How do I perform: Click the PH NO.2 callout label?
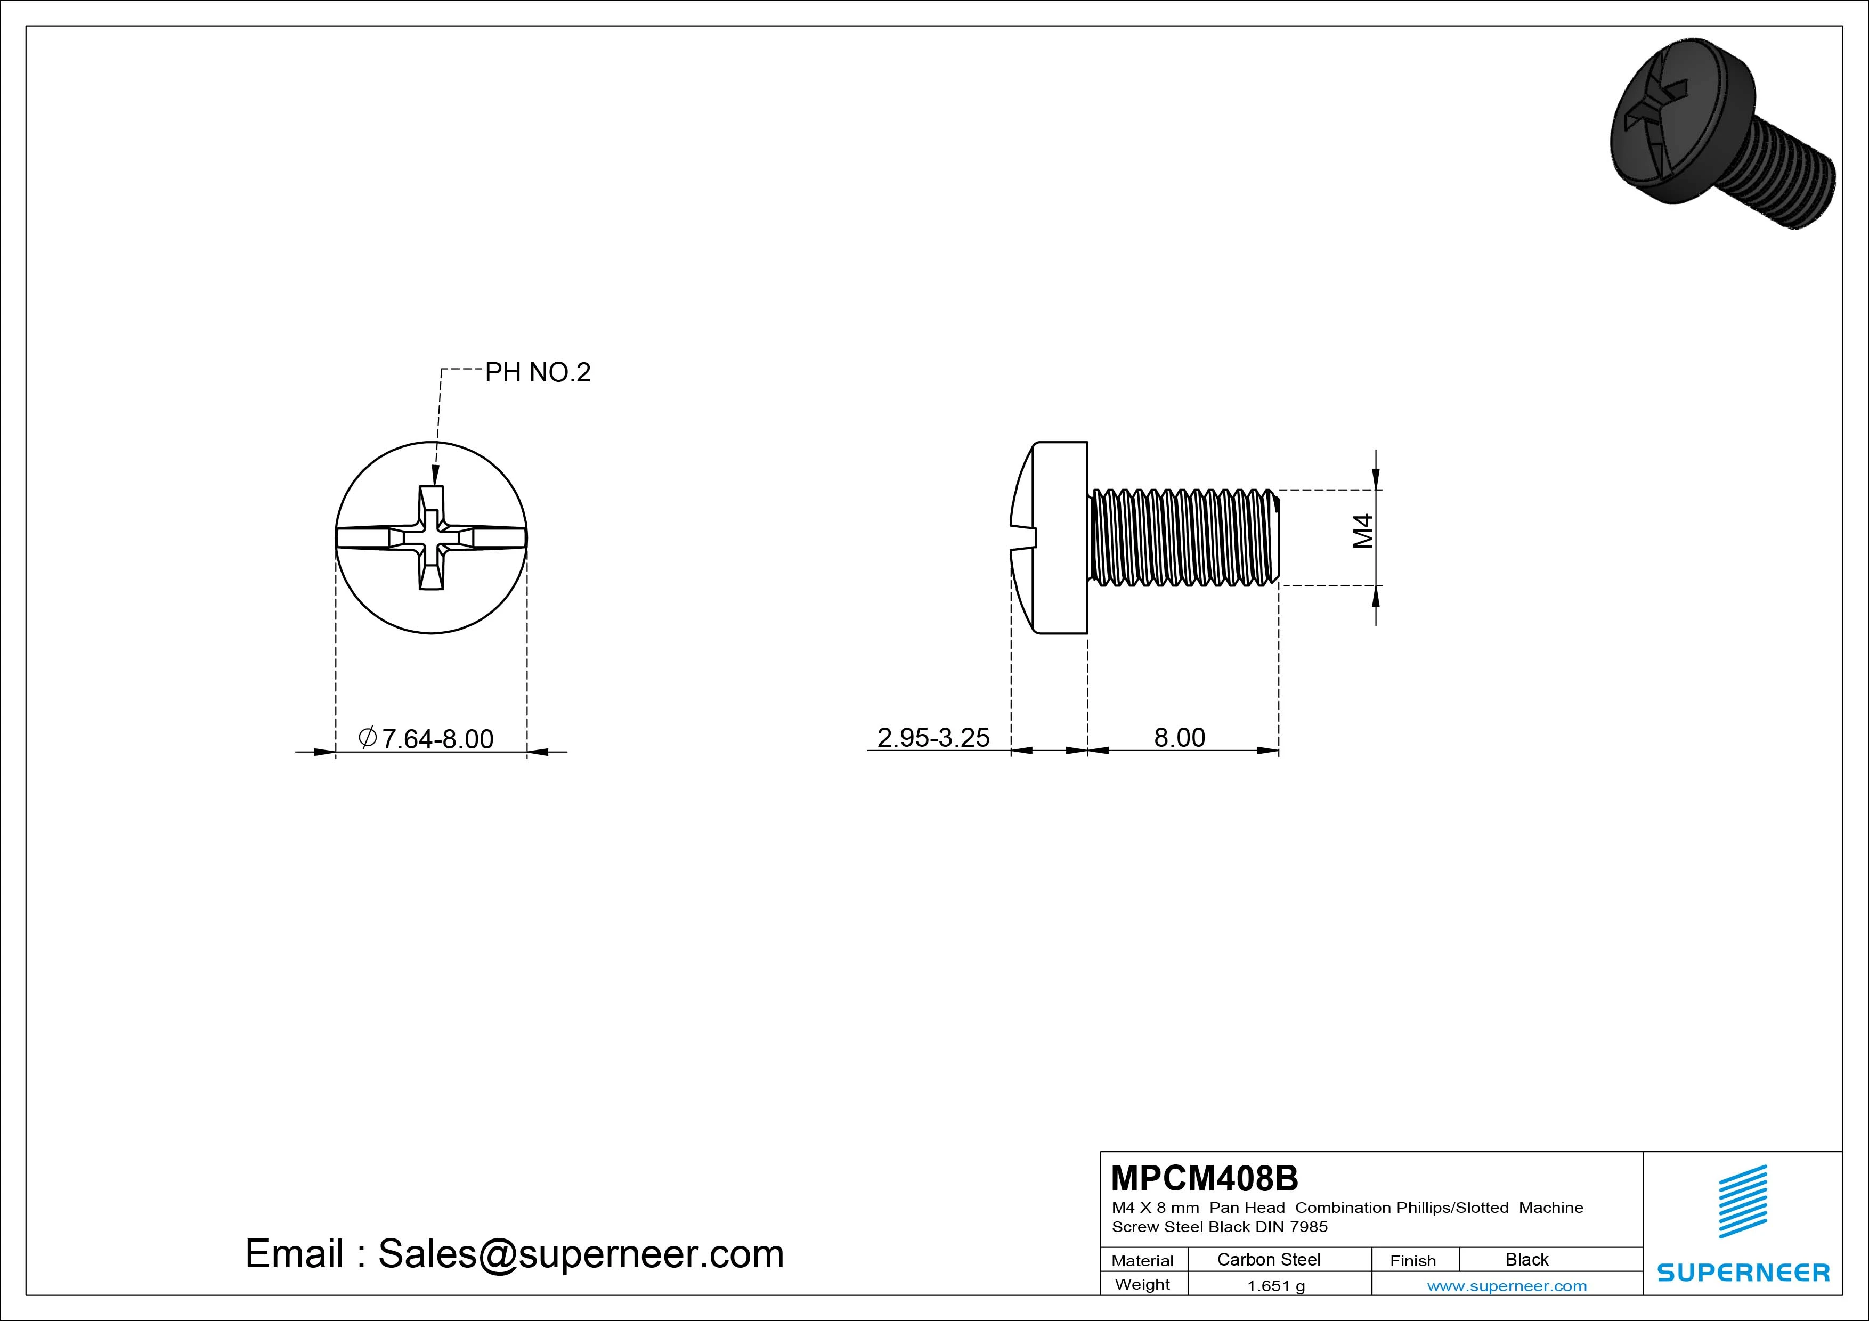click(x=537, y=373)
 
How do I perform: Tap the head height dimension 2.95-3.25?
click(x=933, y=737)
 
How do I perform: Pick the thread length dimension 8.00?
click(x=1180, y=737)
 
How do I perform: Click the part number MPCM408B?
click(x=1205, y=1178)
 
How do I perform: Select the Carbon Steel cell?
click(x=1268, y=1259)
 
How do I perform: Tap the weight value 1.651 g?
click(x=1275, y=1286)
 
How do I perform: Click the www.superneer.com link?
click(x=1507, y=1286)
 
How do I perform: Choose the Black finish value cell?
click(x=1527, y=1259)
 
